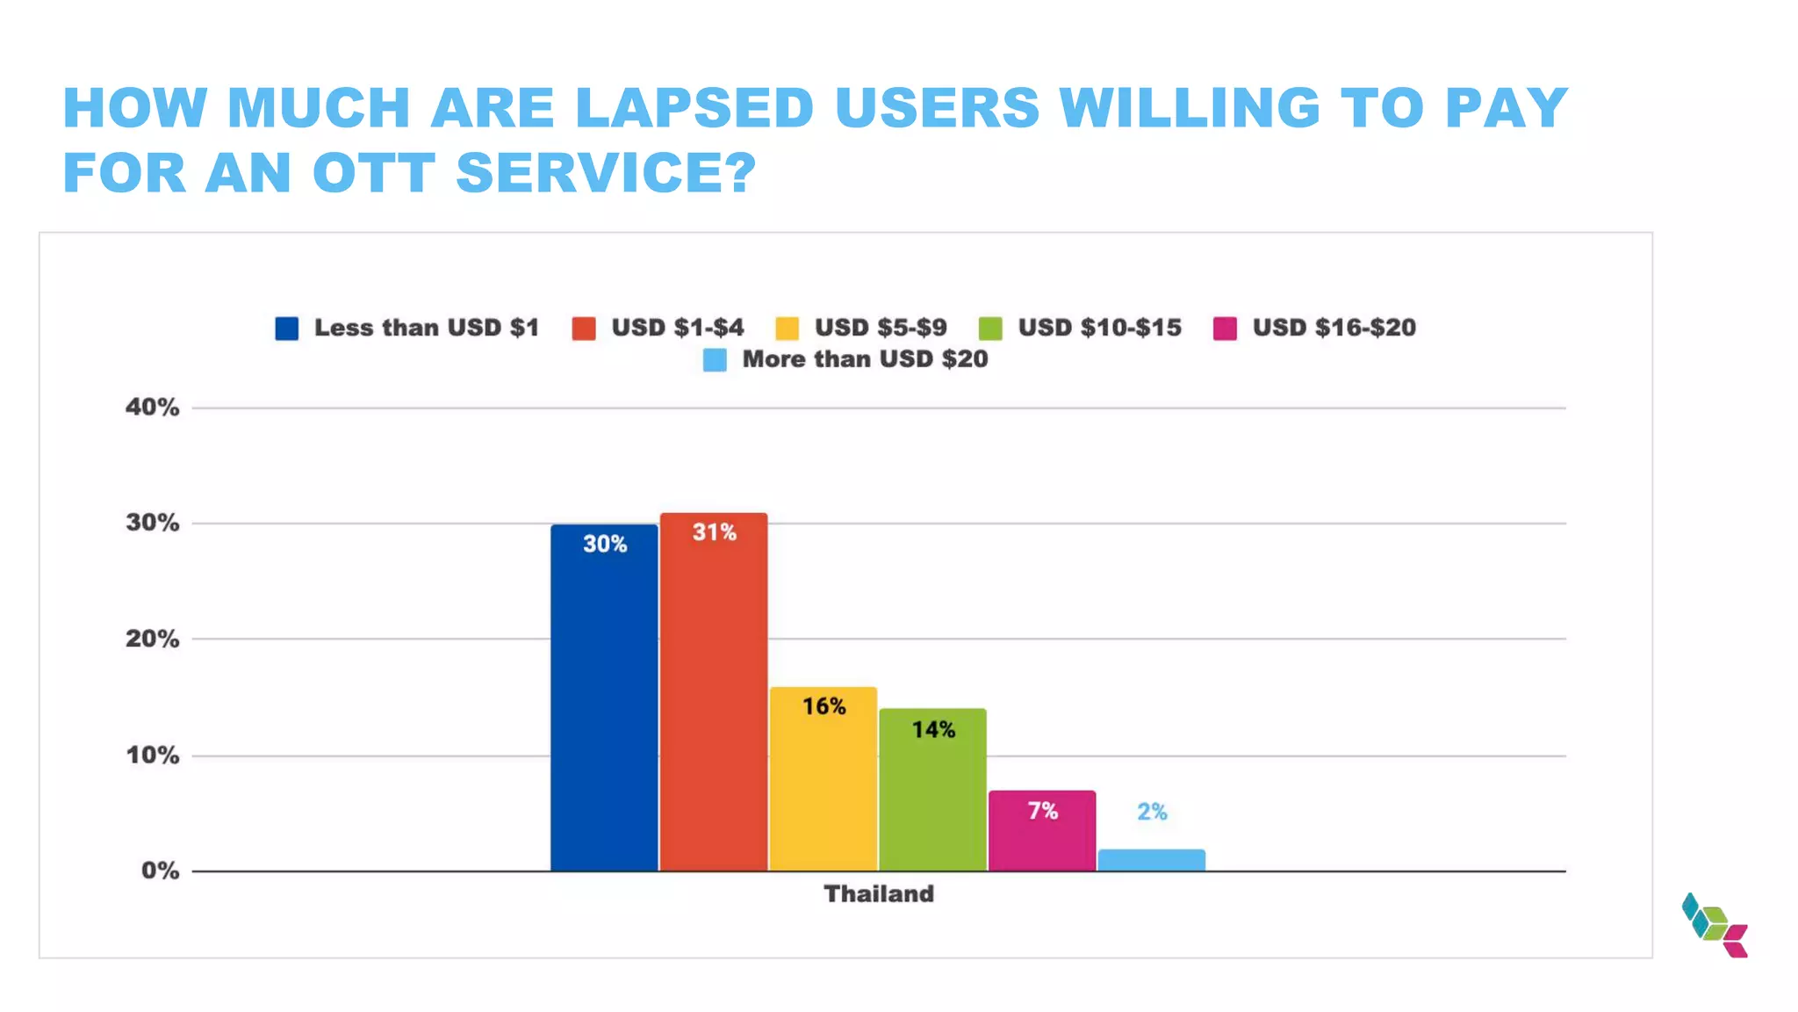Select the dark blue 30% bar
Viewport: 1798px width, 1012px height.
[x=604, y=703]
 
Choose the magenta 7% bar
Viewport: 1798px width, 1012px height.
[x=1042, y=835]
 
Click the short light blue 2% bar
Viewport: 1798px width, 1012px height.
[x=1151, y=860]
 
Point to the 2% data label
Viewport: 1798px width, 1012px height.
[x=1152, y=812]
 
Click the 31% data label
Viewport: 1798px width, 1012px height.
[x=714, y=532]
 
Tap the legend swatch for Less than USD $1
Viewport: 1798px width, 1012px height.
[x=287, y=329]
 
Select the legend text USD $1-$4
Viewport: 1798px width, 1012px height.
[x=677, y=328]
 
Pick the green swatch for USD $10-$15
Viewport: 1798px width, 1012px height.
[x=990, y=329]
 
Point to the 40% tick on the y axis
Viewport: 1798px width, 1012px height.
[x=152, y=407]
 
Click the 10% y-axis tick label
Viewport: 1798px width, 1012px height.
[x=152, y=755]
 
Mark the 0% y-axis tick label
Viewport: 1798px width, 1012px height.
[x=160, y=871]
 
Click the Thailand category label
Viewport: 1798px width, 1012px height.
[x=879, y=893]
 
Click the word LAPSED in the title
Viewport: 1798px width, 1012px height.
[x=694, y=108]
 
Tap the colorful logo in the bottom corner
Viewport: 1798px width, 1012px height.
[x=1714, y=925]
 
